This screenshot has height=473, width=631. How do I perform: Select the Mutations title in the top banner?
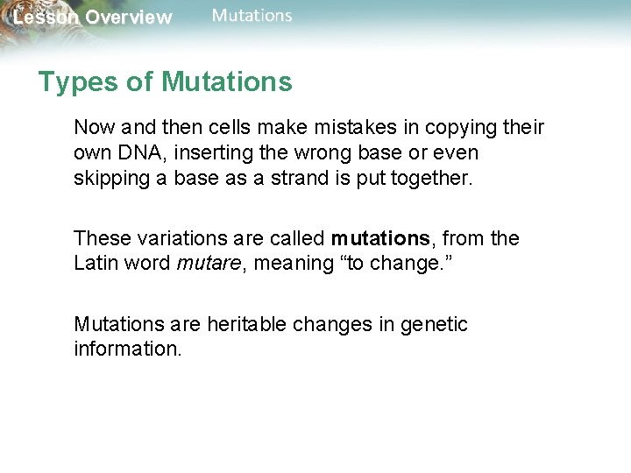point(252,16)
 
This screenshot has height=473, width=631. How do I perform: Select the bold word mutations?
point(379,238)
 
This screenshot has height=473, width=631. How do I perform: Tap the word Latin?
point(96,264)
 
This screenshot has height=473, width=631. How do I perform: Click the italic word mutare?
point(208,264)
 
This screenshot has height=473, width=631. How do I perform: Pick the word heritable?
point(247,324)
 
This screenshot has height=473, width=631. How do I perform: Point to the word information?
point(126,349)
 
